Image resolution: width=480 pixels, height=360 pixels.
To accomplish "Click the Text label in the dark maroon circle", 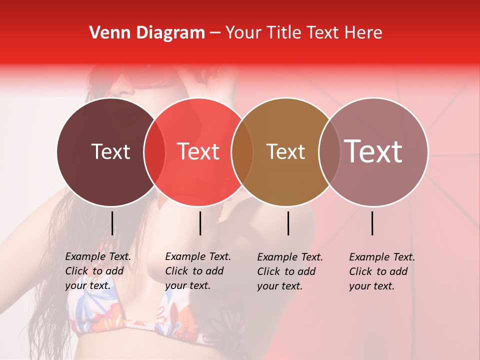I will click(x=110, y=151).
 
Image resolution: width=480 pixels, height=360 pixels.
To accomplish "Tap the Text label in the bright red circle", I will click(x=198, y=151).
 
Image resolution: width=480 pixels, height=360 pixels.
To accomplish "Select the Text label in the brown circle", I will click(x=286, y=151).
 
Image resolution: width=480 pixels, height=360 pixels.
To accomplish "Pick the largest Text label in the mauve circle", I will click(x=373, y=151).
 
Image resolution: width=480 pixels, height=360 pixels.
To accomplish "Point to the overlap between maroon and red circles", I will click(x=154, y=151).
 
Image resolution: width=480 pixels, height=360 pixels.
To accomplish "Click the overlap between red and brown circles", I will click(x=242, y=151).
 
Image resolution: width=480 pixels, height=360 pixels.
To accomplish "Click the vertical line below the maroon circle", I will click(x=112, y=223).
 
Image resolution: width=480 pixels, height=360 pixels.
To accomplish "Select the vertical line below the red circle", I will click(x=200, y=223).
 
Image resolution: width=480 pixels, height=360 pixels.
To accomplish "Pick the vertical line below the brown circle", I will click(x=288, y=223).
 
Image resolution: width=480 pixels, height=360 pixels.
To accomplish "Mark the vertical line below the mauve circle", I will click(x=372, y=223).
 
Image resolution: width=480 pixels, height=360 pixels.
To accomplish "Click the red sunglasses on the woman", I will click(x=145, y=80).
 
